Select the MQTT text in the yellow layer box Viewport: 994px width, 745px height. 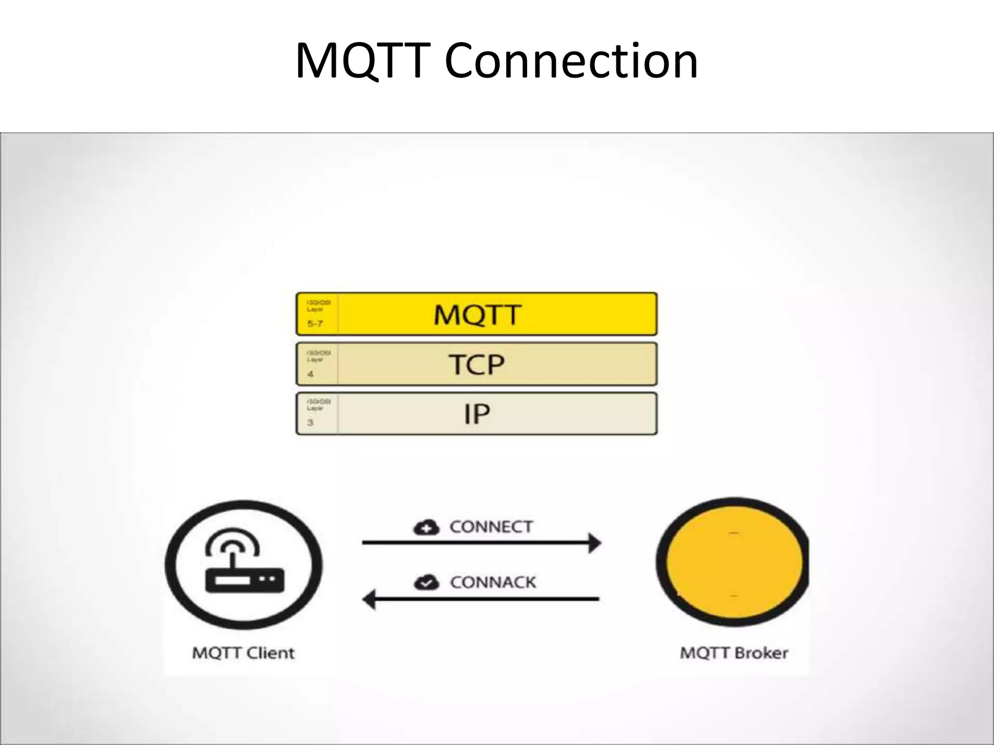tap(477, 314)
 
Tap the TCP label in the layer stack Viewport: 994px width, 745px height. tap(476, 364)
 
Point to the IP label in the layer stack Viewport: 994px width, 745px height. tap(477, 414)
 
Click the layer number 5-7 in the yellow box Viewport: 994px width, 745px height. tap(315, 324)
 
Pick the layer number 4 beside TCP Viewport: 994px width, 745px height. tap(311, 374)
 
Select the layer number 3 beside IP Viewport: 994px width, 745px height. tap(311, 422)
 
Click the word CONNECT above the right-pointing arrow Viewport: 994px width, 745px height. tap(491, 527)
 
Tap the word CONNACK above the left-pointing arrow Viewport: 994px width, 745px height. tap(493, 582)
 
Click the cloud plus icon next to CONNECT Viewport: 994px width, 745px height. tap(426, 527)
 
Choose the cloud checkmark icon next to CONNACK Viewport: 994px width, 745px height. tap(426, 582)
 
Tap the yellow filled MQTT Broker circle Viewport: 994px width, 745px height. tap(733, 563)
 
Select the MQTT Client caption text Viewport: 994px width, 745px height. tap(243, 653)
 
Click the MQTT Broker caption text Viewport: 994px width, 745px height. tap(733, 653)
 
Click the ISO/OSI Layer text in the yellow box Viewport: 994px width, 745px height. tap(318, 306)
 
